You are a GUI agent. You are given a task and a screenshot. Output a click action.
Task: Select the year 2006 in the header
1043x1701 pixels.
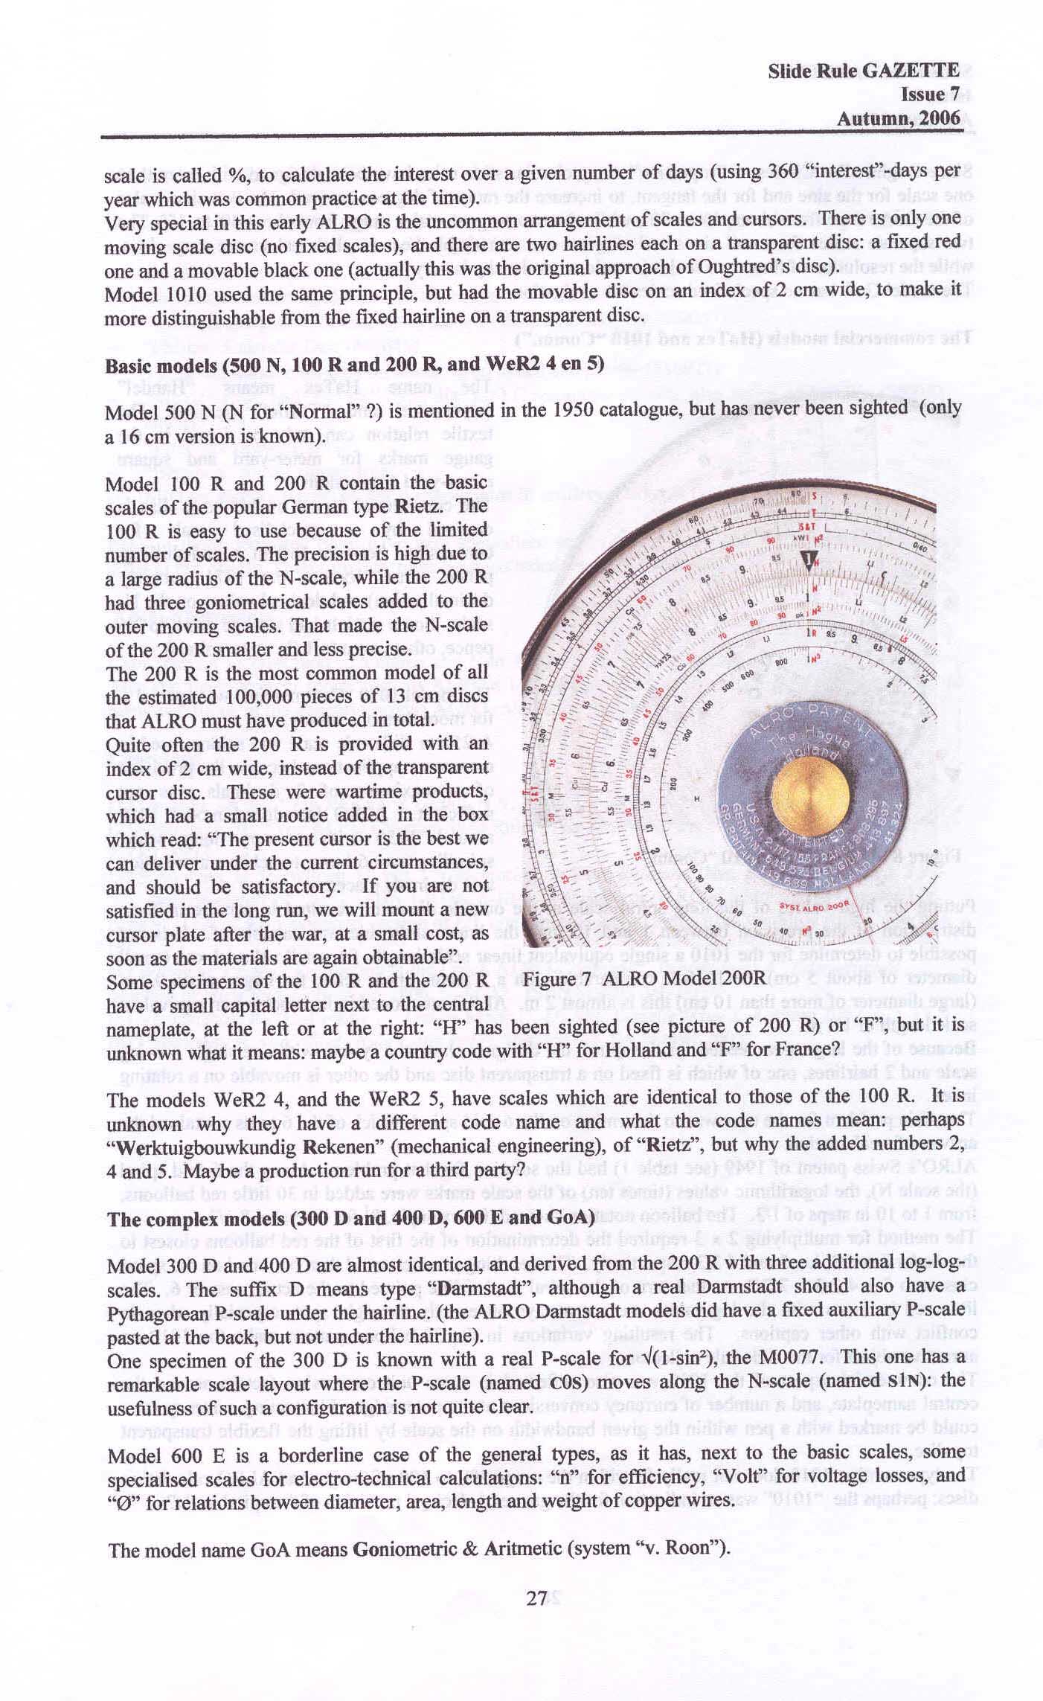pos(939,118)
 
